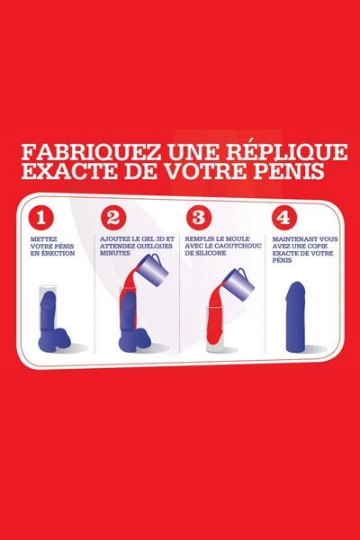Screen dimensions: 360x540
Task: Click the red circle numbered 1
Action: [41, 218]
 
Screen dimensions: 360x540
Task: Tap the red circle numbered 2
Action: [113, 218]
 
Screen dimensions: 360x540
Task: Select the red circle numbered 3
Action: [198, 218]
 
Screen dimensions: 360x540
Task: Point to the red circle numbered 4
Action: [283, 218]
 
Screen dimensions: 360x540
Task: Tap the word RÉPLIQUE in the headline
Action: [284, 151]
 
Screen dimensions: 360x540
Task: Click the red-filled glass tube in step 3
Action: [215, 328]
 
